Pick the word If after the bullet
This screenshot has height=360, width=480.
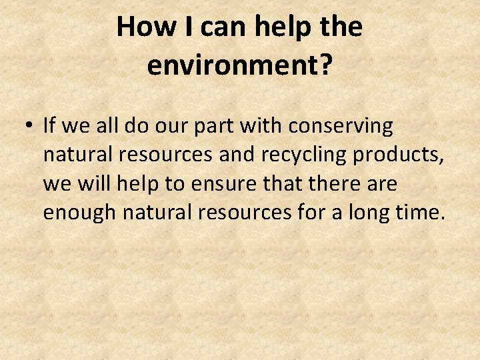49,125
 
